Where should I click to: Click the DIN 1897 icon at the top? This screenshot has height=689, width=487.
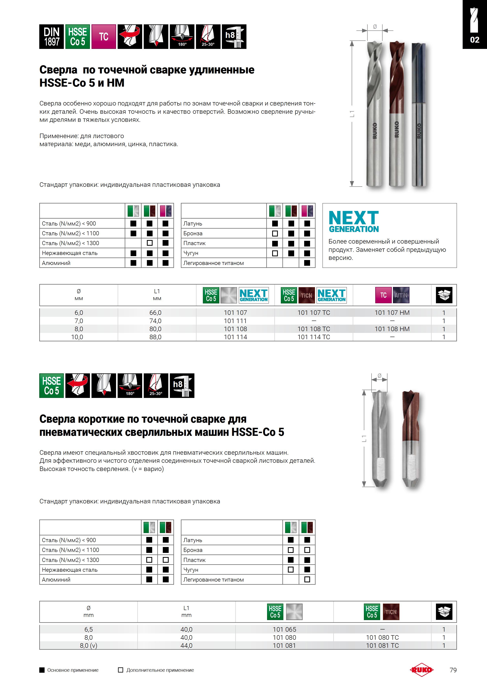point(51,37)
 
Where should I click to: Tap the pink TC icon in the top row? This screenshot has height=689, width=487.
point(103,37)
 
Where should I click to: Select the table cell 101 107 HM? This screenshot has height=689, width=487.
point(392,313)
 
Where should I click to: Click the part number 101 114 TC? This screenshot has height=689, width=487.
point(314,337)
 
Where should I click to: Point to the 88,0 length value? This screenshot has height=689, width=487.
point(156,337)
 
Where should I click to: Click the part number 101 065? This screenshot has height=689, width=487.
point(284,629)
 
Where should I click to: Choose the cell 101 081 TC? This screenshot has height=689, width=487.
point(382,645)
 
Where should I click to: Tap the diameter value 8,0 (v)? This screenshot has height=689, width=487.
point(89,645)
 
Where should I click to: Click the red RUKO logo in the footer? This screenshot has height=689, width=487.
point(422,670)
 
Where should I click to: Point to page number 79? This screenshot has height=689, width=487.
point(453,670)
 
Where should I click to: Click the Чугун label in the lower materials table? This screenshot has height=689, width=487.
point(191,570)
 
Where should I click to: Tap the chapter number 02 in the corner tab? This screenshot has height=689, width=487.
point(475,40)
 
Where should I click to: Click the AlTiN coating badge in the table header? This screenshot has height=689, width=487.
point(401,295)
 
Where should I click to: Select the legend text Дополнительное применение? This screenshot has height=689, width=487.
point(160,670)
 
